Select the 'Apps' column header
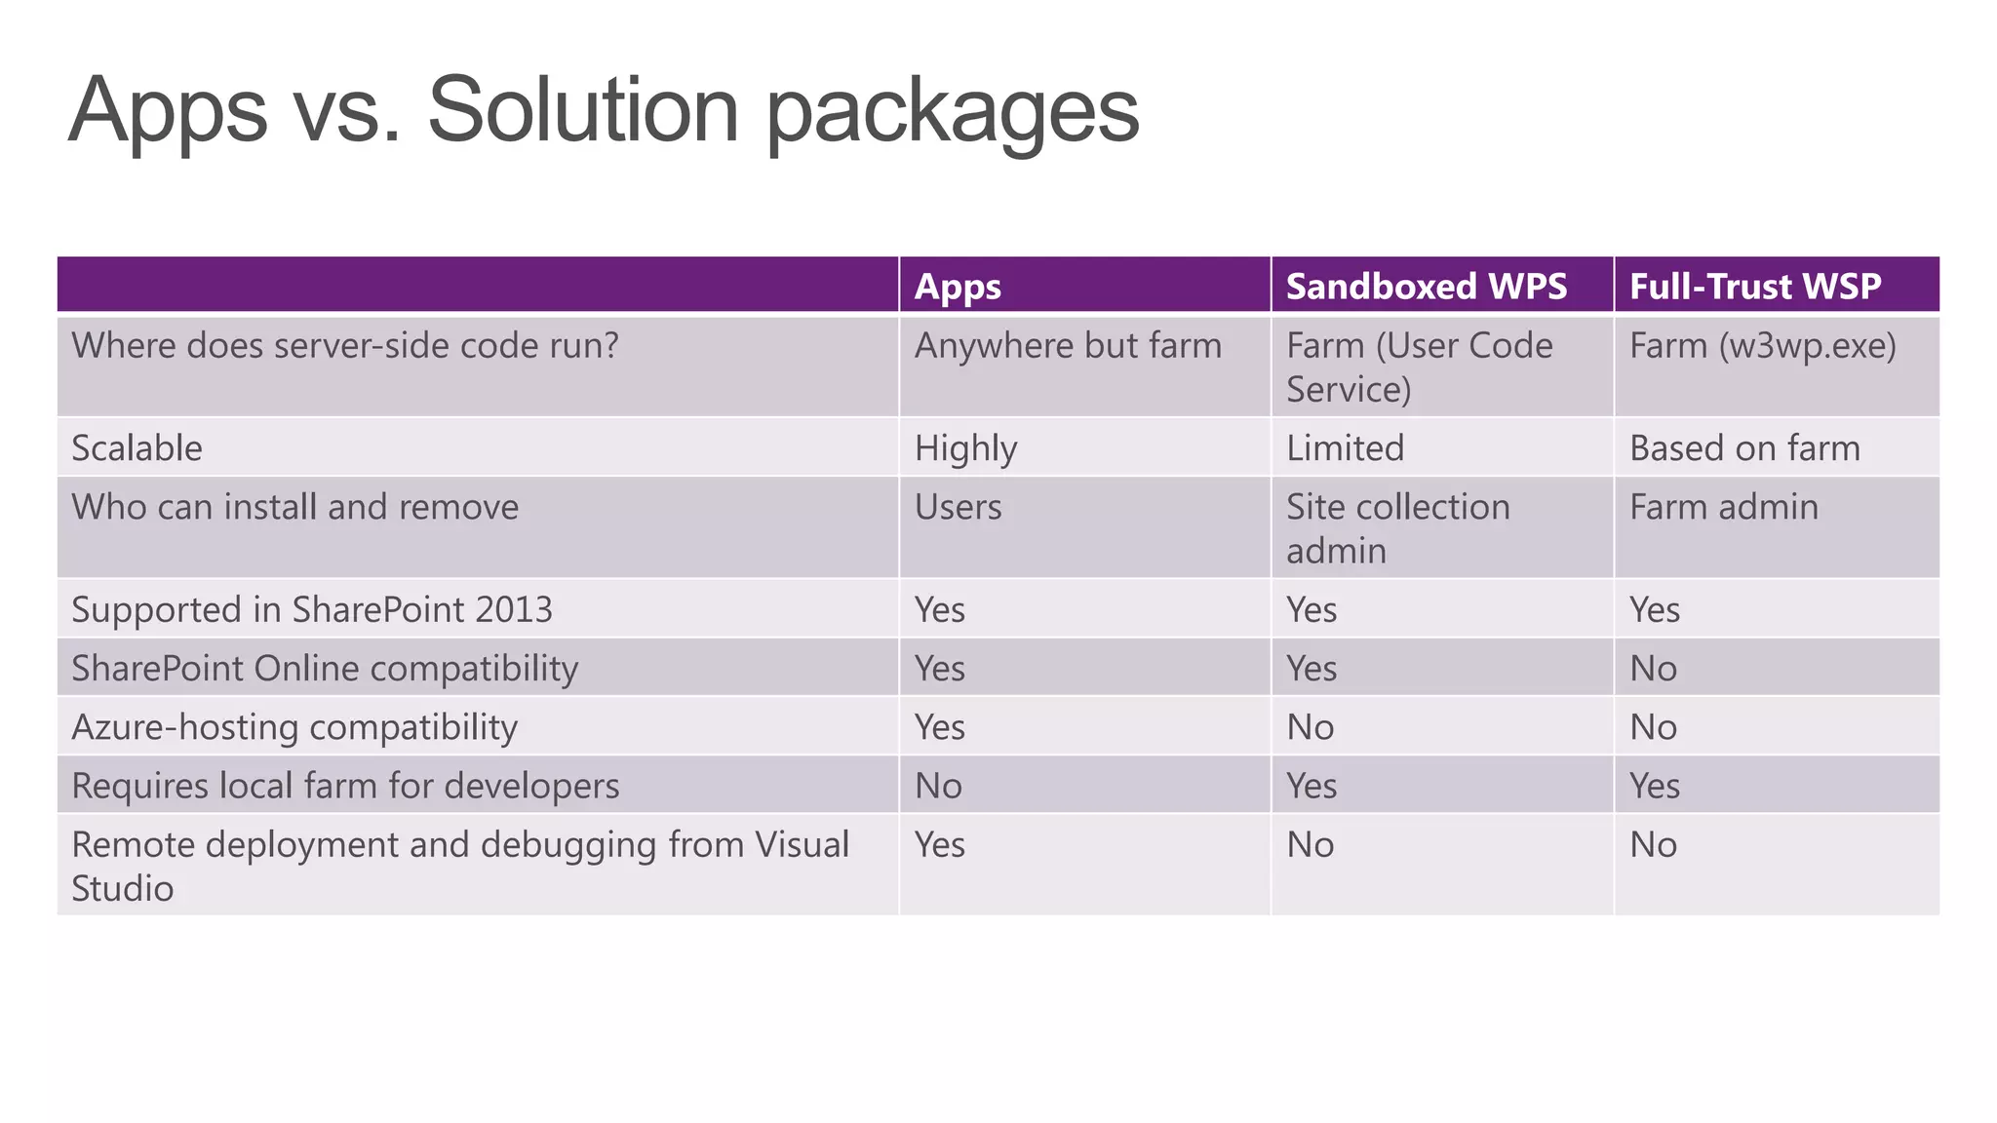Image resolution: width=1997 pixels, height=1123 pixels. [958, 287]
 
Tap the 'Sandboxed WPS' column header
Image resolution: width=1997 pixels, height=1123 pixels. [1427, 287]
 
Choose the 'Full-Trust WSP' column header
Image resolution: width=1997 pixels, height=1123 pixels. [1755, 287]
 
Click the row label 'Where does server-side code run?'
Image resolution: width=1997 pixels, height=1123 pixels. [345, 346]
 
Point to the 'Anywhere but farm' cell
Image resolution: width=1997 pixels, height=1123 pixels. [1068, 346]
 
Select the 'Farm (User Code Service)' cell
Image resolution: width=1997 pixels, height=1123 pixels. [1419, 368]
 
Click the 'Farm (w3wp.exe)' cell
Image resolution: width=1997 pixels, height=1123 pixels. [1763, 346]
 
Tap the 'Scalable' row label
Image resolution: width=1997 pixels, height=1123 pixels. [137, 448]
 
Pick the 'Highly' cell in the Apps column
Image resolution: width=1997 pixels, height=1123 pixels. [965, 448]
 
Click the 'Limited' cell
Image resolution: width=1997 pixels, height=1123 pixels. [1345, 448]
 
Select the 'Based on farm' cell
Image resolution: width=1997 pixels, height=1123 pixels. [1744, 448]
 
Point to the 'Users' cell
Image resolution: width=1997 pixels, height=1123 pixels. [958, 507]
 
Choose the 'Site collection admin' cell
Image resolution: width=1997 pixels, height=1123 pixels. [1397, 528]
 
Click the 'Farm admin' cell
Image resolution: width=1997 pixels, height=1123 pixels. [1724, 507]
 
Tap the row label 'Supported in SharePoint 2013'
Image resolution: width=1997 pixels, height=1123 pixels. [312, 610]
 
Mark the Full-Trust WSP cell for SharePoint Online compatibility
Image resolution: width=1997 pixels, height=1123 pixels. [1654, 669]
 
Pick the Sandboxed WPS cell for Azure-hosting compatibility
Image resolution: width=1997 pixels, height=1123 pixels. [1310, 727]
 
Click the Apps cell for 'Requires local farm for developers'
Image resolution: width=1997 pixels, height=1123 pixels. [938, 786]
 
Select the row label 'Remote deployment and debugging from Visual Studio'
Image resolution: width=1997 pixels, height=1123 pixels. [460, 866]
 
